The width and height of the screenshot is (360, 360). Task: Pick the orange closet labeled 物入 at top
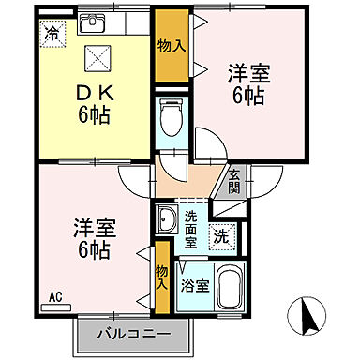pyautogui.click(x=170, y=46)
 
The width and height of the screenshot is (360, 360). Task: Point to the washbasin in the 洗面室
pyautogui.click(x=167, y=222)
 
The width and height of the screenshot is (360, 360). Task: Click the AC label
pyautogui.click(x=54, y=297)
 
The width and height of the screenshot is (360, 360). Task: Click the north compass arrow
pyautogui.click(x=306, y=317)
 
